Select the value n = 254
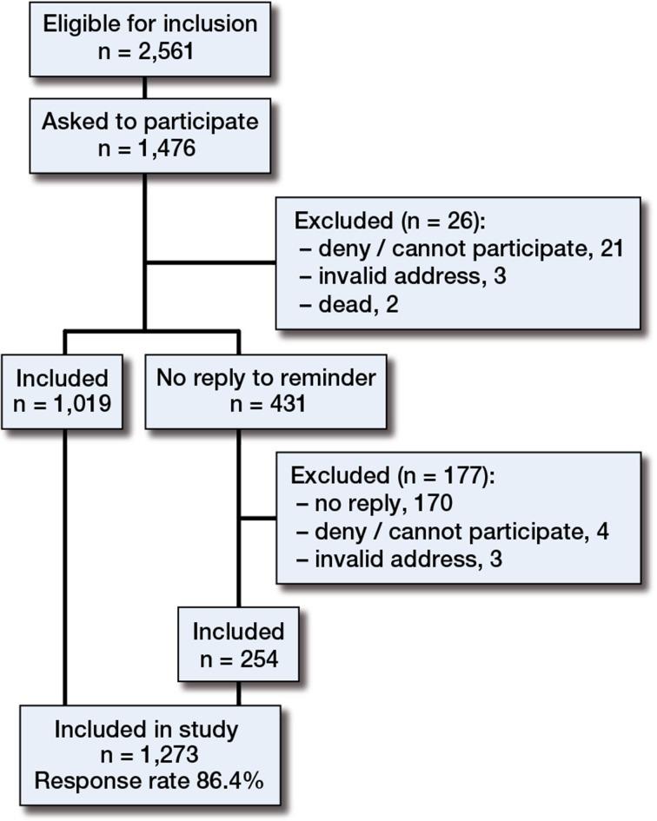pos(237,658)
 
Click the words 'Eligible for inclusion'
pos(144,23)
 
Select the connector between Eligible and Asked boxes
pos(144,86)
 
